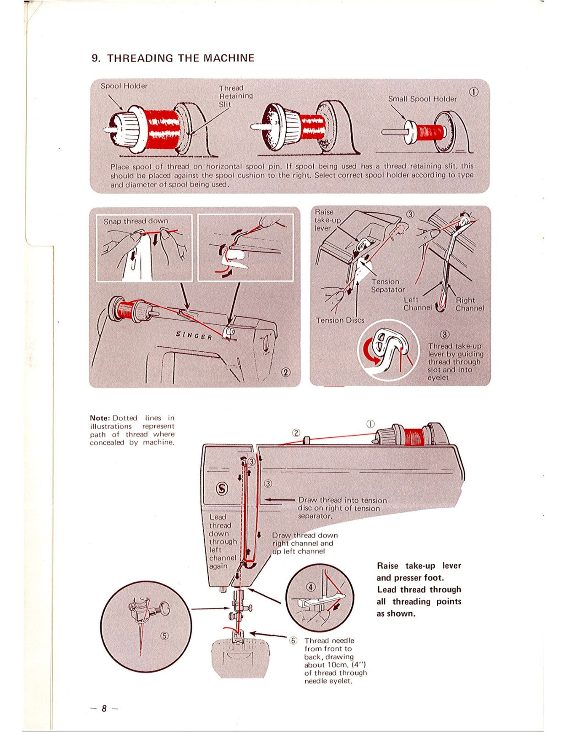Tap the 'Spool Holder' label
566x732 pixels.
pos(124,86)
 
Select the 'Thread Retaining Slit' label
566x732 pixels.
pos(235,96)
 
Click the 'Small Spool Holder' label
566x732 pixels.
pos(422,99)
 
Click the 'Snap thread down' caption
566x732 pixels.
pos(136,221)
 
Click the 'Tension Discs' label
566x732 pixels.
pos(340,320)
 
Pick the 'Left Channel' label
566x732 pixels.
pos(417,304)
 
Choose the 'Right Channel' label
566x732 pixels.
pos(469,304)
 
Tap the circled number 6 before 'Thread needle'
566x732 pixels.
pos(294,640)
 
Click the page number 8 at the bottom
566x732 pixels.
pos(104,708)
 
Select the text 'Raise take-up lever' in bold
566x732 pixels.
pos(419,565)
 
